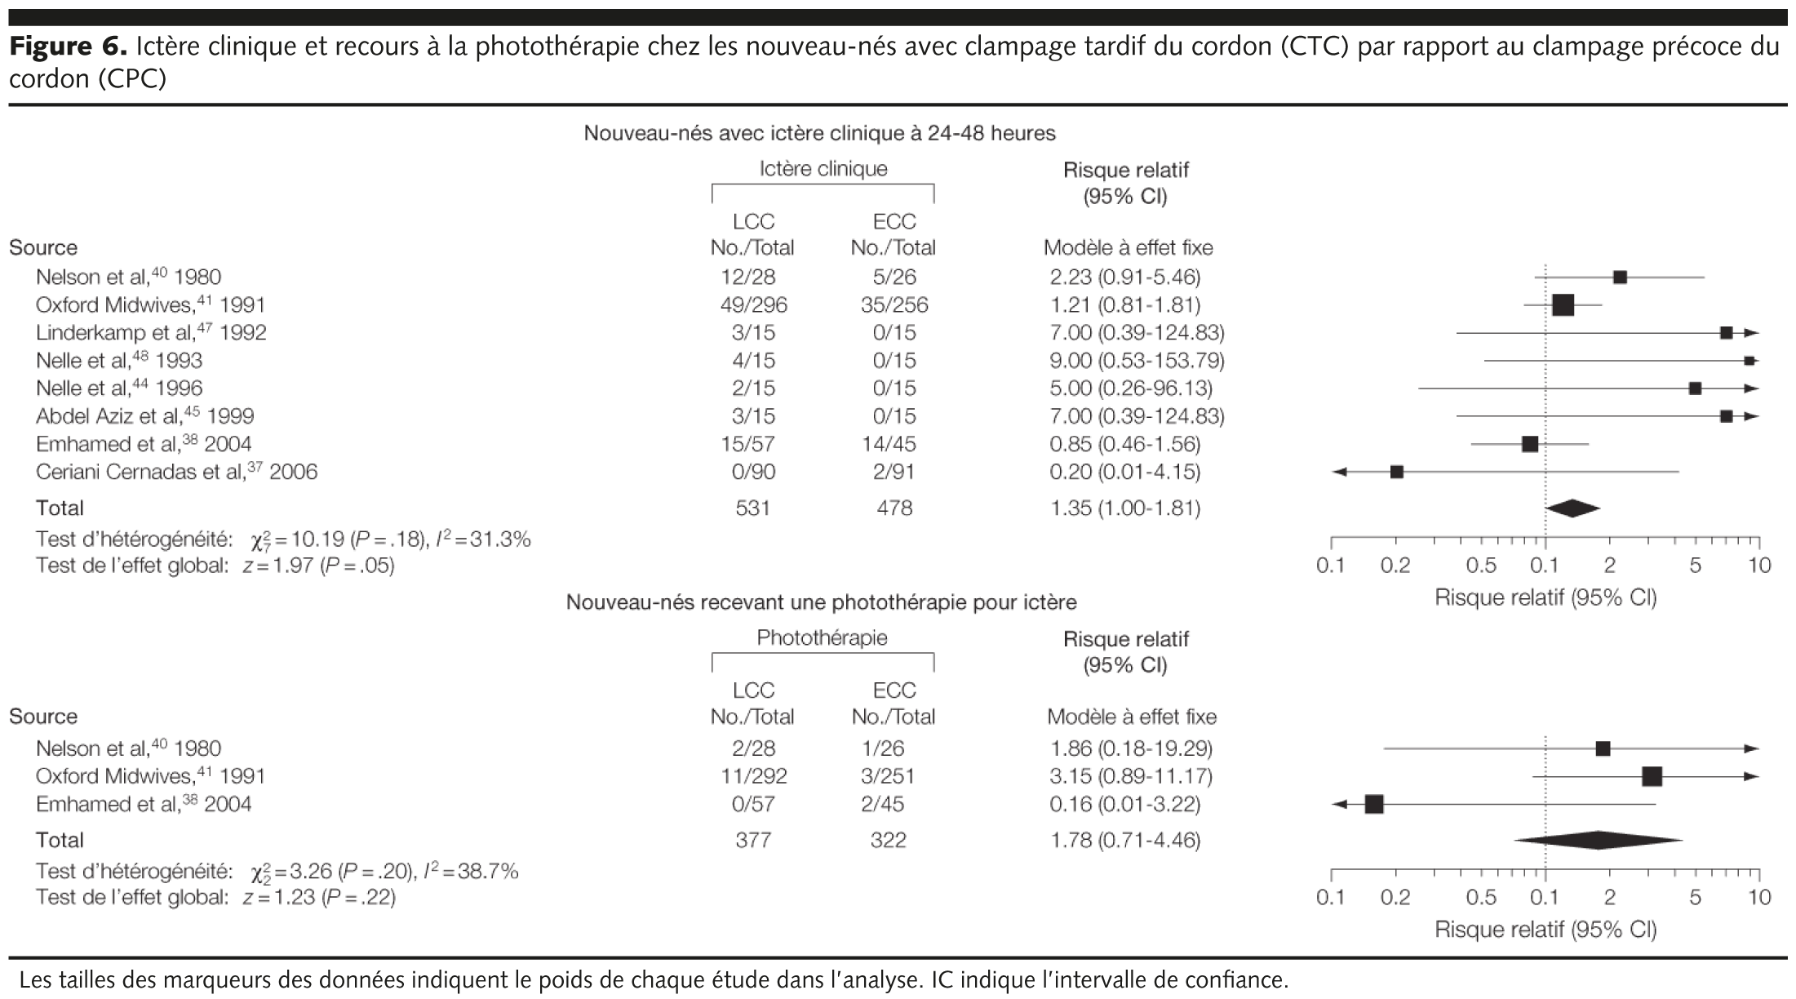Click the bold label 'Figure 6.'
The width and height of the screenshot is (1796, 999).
click(67, 47)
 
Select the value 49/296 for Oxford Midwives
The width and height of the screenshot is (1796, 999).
click(752, 305)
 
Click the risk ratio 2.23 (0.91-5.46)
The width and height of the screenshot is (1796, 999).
click(1124, 277)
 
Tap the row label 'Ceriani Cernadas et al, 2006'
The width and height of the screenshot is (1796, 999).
click(176, 472)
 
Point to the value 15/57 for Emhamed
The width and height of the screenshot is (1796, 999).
click(752, 444)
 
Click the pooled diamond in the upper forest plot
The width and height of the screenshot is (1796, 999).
click(1572, 508)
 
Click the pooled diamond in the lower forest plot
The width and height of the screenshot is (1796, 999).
click(1598, 840)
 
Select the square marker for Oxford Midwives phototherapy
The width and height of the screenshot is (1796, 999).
click(1652, 776)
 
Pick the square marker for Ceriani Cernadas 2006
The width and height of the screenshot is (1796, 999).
click(1396, 472)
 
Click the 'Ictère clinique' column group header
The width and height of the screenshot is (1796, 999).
click(823, 169)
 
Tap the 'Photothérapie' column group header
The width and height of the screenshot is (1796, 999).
click(822, 637)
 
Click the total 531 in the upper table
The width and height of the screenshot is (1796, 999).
click(752, 508)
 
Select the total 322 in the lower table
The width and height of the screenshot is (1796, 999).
click(888, 840)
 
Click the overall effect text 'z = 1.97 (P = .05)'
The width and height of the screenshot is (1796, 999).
click(318, 566)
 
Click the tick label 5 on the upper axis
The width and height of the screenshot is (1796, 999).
click(1695, 566)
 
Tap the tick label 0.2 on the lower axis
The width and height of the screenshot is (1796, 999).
click(1395, 898)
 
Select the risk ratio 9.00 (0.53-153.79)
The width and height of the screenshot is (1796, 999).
click(1137, 361)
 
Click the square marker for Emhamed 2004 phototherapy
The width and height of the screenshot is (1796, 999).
click(1374, 804)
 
